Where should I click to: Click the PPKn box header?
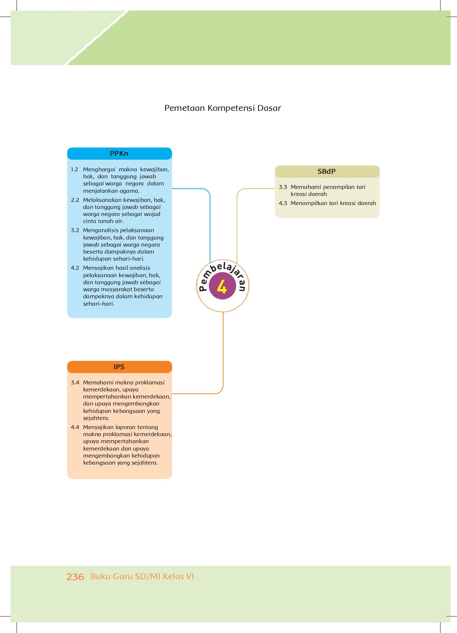(x=119, y=154)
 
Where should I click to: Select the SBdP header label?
(x=327, y=172)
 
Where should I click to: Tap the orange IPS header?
(x=119, y=367)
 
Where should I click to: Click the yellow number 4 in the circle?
(x=222, y=287)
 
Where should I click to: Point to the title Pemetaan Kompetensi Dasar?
(x=223, y=108)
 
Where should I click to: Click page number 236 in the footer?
(x=75, y=577)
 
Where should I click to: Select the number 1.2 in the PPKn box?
(x=74, y=170)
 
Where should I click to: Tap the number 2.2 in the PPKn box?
(x=75, y=200)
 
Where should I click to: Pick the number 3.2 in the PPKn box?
(x=75, y=230)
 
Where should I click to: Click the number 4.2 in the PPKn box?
(x=75, y=268)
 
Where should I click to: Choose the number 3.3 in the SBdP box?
(x=283, y=187)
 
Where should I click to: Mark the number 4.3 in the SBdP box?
(x=283, y=203)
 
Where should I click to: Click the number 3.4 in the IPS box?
(x=75, y=383)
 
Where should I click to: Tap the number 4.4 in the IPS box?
(x=75, y=427)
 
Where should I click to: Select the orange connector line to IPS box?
(x=223, y=352)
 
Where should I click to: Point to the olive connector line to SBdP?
(x=237, y=225)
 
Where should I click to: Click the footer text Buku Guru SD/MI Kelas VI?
(x=142, y=576)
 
